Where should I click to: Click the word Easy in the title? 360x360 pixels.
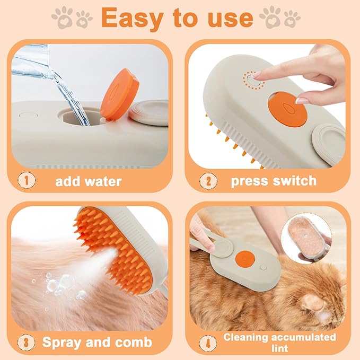click(x=133, y=17)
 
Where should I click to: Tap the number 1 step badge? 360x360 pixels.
click(x=25, y=180)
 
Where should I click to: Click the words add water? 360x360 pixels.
click(x=89, y=181)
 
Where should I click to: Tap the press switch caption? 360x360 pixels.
click(x=273, y=181)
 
